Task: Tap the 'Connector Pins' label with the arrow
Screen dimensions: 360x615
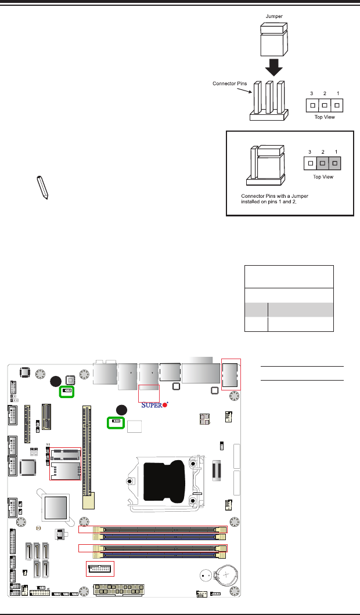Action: click(229, 84)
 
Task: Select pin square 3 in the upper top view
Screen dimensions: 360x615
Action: click(313, 106)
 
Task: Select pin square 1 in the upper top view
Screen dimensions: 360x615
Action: click(335, 106)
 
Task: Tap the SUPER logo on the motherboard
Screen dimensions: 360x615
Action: click(155, 406)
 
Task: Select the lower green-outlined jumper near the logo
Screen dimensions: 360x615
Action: click(116, 421)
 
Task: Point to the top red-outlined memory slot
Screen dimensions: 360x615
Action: click(153, 529)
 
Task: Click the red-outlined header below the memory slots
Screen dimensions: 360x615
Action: click(100, 569)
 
